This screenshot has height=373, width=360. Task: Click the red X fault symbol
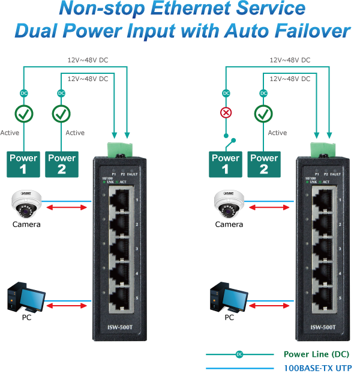coord(226,113)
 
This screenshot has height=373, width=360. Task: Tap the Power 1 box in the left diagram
coord(23,165)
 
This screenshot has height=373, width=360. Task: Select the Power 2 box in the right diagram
coord(263,165)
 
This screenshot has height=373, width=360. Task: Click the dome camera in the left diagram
coord(25,204)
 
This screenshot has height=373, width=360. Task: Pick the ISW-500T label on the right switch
coord(323,327)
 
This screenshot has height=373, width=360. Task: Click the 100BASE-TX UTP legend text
coord(317,368)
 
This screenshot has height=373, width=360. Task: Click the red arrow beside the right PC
coord(270,306)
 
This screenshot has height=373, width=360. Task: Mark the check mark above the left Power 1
coord(24,113)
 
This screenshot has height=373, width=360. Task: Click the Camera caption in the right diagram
coord(229,224)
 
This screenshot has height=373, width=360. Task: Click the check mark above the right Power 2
coord(263,113)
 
